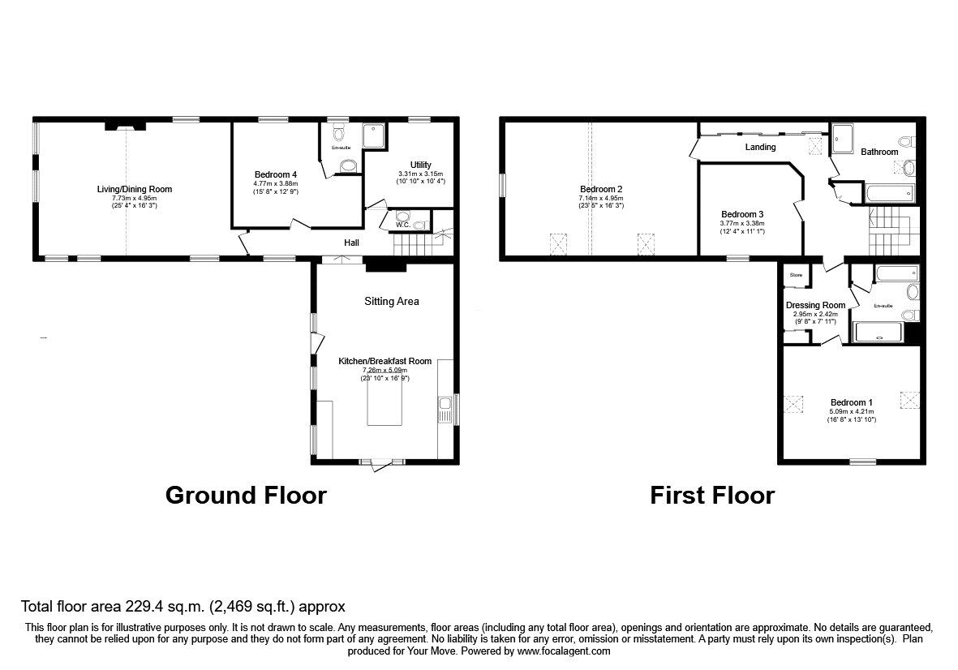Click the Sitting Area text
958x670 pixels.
(x=391, y=301)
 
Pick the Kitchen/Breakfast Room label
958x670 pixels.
(x=384, y=361)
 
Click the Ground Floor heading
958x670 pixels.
(x=246, y=495)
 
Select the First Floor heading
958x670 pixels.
(x=711, y=495)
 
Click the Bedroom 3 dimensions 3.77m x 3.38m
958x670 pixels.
(x=742, y=224)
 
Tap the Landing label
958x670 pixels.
(x=760, y=147)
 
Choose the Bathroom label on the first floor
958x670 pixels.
(x=879, y=152)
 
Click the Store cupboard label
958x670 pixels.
(x=796, y=276)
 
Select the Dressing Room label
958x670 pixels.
(x=815, y=305)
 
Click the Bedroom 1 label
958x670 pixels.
(x=851, y=402)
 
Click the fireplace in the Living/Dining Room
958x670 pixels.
(x=125, y=126)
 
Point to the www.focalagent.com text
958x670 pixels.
(x=564, y=651)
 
